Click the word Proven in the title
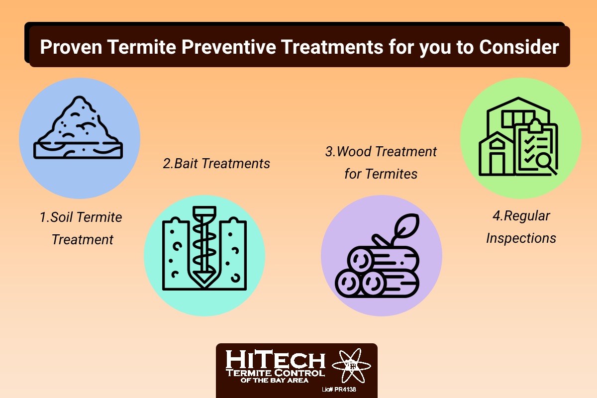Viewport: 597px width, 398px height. pos(71,47)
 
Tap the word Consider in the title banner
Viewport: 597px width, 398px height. pos(519,47)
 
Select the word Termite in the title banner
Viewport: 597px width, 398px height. pos(142,47)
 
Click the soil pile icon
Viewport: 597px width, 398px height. pos(78,127)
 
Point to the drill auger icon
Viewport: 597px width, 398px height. pos(204,248)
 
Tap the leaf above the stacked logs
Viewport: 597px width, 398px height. pos(406,226)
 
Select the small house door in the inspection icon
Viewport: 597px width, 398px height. pos(497,163)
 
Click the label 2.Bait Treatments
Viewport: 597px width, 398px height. pos(216,163)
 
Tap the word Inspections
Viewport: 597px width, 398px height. pos(521,238)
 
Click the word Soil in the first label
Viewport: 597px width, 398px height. pos(61,217)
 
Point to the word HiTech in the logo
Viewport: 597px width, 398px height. pos(275,359)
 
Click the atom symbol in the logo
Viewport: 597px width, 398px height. pos(352,366)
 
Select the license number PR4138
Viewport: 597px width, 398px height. pos(345,390)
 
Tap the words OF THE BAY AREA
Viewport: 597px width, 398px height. pos(275,380)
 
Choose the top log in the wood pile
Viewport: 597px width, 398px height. pos(383,259)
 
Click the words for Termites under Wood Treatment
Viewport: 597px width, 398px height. pos(381,174)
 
